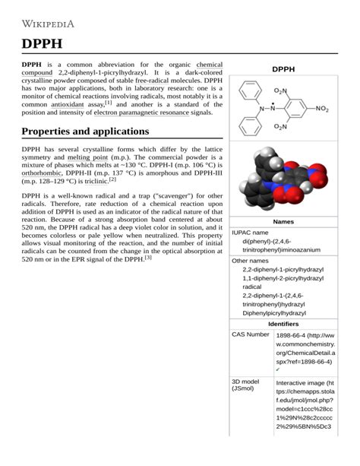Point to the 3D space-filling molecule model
click(283, 180)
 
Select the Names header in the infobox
click(283, 221)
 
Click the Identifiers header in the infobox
click(283, 324)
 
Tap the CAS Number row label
click(251, 334)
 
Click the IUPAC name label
click(250, 232)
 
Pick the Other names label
click(251, 261)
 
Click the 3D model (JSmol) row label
click(248, 385)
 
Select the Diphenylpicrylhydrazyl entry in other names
click(274, 312)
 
